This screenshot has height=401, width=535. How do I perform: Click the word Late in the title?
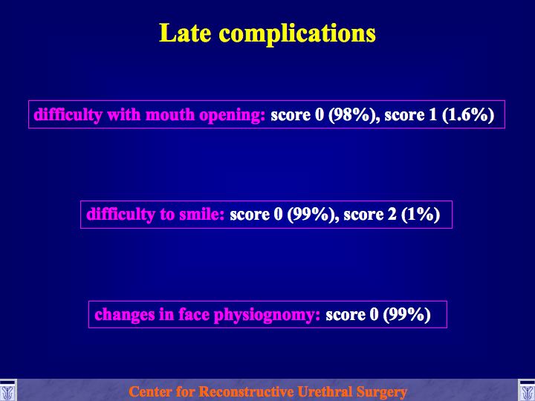185,33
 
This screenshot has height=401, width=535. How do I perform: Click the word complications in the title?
297,35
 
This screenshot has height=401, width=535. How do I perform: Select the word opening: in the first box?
232,116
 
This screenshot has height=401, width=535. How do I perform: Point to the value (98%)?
353,115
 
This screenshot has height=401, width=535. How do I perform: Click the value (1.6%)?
468,115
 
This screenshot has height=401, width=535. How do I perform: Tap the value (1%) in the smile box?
421,215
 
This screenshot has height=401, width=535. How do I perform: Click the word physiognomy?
267,316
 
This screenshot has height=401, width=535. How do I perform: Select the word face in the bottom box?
194,314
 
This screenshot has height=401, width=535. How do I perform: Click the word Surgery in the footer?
382,392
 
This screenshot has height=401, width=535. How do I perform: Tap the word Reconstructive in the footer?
246,391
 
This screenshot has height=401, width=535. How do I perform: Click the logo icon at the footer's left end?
8,391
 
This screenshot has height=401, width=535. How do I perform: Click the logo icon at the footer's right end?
527,391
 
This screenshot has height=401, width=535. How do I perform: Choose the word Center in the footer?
146,391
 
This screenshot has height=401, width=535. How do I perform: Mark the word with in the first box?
124,114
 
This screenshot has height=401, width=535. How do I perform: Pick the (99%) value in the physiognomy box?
406,315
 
